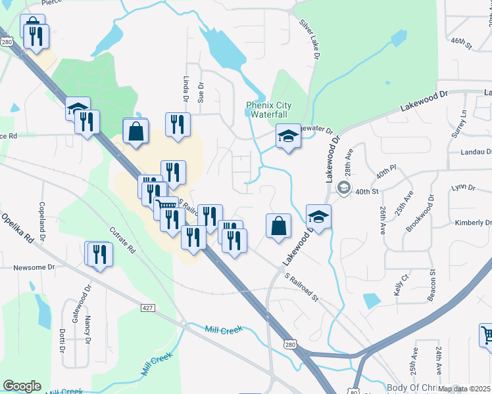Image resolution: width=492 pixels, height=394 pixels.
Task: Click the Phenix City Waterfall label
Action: (x=268, y=110)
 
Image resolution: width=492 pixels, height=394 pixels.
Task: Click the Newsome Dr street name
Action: (x=34, y=268)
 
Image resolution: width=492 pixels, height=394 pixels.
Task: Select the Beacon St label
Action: (x=432, y=285)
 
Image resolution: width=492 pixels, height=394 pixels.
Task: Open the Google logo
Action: (x=22, y=386)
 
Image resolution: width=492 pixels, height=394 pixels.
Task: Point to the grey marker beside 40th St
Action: (x=343, y=188)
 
